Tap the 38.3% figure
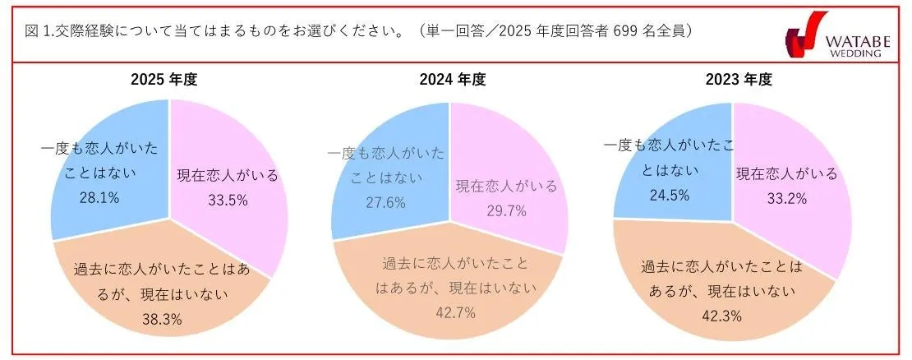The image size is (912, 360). coord(173,320)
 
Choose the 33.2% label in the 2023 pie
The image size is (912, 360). coord(786,197)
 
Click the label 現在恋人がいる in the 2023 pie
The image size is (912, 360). coord(786,173)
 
